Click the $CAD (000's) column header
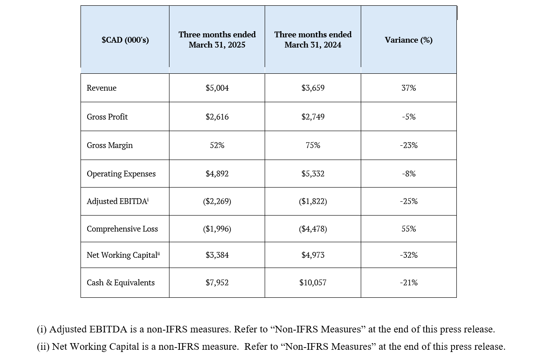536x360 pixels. (x=125, y=40)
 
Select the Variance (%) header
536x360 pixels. (x=409, y=40)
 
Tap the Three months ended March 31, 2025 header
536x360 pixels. (x=217, y=40)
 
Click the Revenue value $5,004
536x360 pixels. (x=217, y=88)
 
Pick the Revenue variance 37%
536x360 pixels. (x=409, y=88)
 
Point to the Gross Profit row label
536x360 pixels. (x=107, y=116)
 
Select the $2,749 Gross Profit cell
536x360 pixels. (x=313, y=116)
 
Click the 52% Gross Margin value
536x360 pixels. (x=217, y=145)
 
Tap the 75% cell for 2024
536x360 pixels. (x=313, y=145)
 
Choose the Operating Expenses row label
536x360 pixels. (x=121, y=174)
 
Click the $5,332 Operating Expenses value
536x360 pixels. (x=313, y=173)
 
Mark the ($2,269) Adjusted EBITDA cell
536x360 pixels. (x=217, y=201)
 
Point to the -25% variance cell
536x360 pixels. (x=409, y=201)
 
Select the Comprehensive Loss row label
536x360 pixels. (x=122, y=229)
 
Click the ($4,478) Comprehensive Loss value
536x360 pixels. (x=313, y=229)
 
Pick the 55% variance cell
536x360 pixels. (x=409, y=229)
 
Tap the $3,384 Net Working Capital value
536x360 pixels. (x=217, y=255)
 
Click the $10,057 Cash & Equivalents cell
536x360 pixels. (x=313, y=283)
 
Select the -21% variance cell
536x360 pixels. (x=409, y=283)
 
